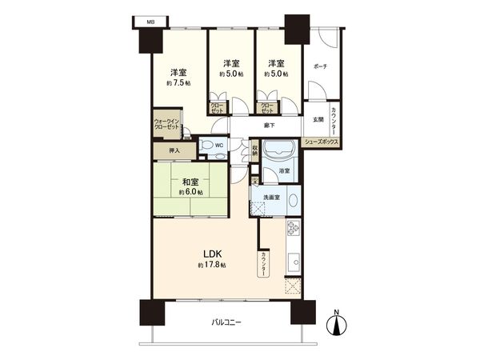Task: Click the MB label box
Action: click(x=150, y=22)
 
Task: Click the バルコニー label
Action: click(x=226, y=322)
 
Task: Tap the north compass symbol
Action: click(x=338, y=323)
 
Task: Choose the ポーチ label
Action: click(x=320, y=66)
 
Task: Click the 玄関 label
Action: click(x=318, y=120)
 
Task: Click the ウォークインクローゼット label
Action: click(x=168, y=126)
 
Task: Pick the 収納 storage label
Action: click(x=254, y=148)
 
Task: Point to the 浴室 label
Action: click(x=284, y=172)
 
